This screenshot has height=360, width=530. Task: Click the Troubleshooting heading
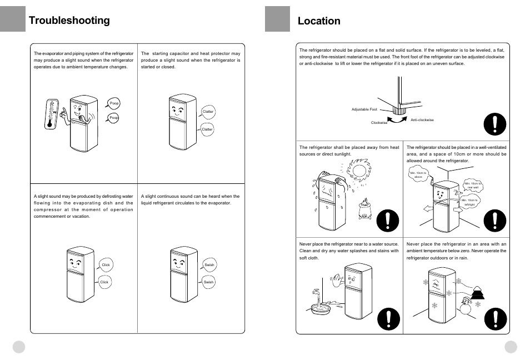point(69,21)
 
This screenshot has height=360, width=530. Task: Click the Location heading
point(319,21)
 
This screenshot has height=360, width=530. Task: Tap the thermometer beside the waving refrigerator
point(52,114)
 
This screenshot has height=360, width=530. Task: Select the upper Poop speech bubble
point(114,103)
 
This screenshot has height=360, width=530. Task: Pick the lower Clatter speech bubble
point(207,129)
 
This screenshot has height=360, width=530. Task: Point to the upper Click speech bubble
point(106,266)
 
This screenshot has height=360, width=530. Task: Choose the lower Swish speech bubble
point(208,282)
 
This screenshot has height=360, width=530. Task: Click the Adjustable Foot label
point(364,109)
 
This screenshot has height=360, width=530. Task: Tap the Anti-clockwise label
point(422,120)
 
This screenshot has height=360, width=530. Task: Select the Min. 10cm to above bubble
point(418,175)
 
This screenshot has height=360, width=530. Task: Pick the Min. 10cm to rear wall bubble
point(473,185)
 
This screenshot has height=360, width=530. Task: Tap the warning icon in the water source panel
point(387,319)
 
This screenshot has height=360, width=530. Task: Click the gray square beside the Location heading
point(277,19)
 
